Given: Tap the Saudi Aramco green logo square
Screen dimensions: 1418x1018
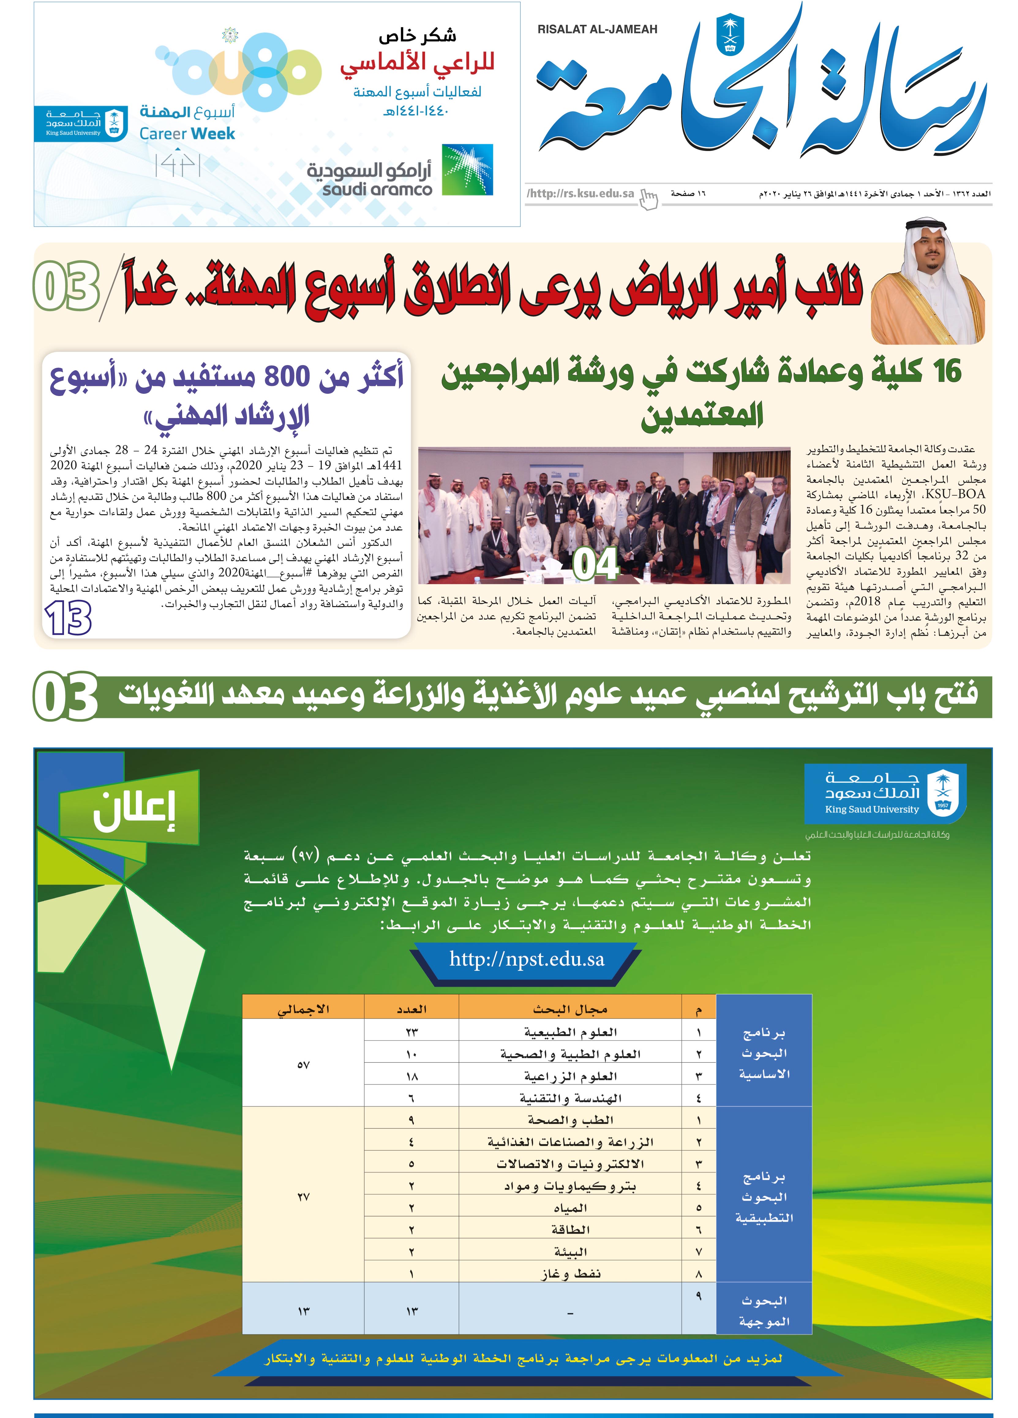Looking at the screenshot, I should [467, 170].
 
